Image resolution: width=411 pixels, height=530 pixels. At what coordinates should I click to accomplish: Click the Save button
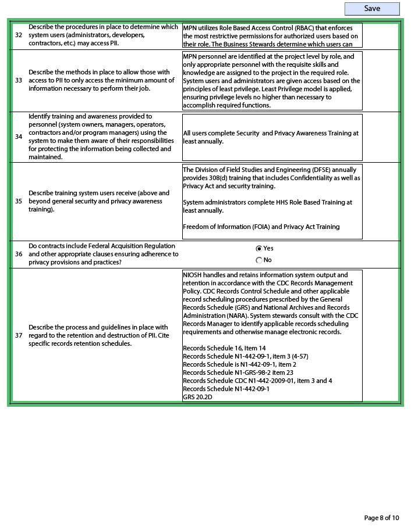pyautogui.click(x=372, y=9)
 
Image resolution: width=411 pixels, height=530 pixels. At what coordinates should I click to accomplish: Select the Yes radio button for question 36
pyautogui.click(x=259, y=248)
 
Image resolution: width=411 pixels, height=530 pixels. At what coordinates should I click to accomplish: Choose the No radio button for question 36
pyautogui.click(x=259, y=260)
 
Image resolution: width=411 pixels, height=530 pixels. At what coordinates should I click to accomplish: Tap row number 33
pyautogui.click(x=19, y=80)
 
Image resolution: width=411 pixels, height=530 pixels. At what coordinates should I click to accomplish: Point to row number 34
pyautogui.click(x=19, y=137)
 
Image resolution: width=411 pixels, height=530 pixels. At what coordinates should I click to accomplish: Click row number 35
pyautogui.click(x=19, y=201)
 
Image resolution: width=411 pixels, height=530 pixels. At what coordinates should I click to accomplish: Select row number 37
pyautogui.click(x=19, y=335)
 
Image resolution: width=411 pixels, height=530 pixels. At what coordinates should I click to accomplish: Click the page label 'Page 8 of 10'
pyautogui.click(x=381, y=518)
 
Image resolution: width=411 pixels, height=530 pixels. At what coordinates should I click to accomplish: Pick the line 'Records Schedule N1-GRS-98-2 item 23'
pyautogui.click(x=238, y=373)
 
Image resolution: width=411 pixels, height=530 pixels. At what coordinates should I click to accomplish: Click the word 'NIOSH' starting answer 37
pyautogui.click(x=193, y=275)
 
